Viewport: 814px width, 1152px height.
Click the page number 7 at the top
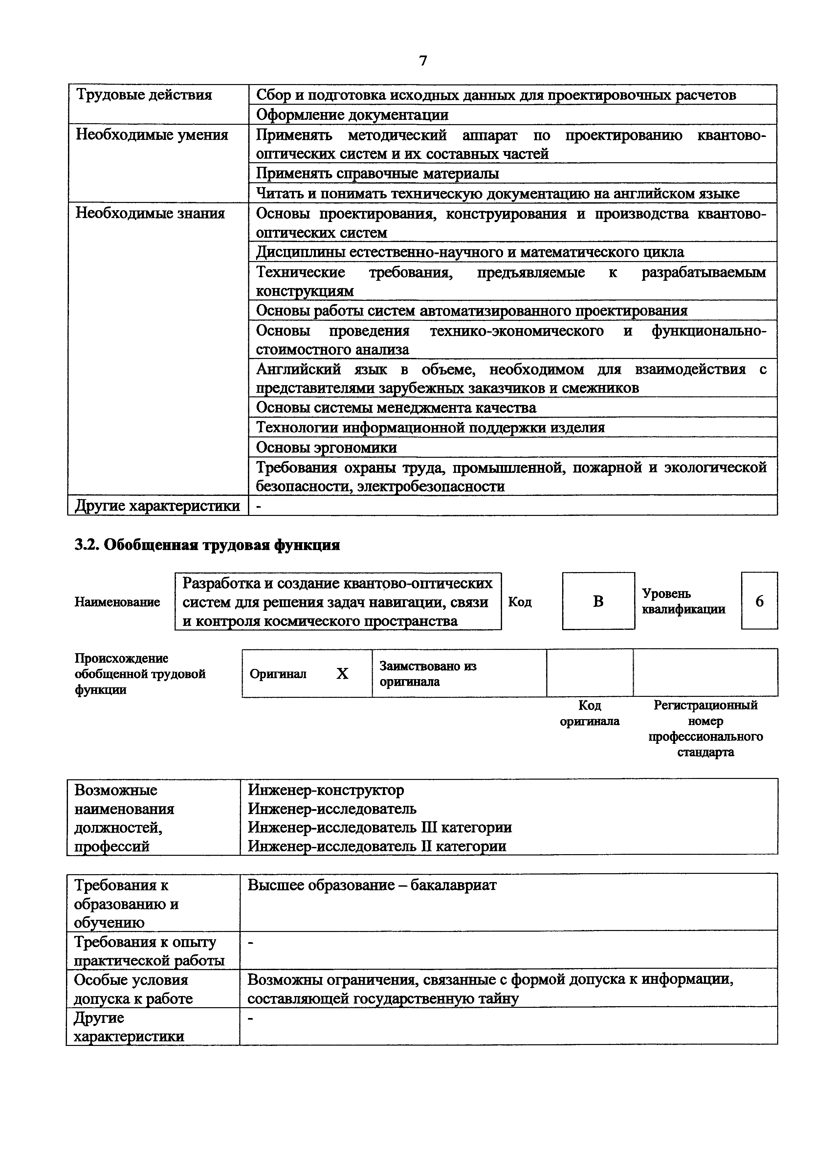point(423,61)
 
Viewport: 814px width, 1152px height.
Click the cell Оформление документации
point(352,115)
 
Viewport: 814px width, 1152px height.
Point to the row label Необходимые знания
point(150,213)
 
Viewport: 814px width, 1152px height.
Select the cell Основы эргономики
point(326,447)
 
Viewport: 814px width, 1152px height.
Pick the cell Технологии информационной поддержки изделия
point(430,428)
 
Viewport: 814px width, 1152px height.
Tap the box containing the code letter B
point(598,601)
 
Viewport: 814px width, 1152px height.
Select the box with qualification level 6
point(759,601)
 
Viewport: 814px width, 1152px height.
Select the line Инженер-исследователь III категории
point(380,827)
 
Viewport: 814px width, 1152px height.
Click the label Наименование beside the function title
point(117,602)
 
